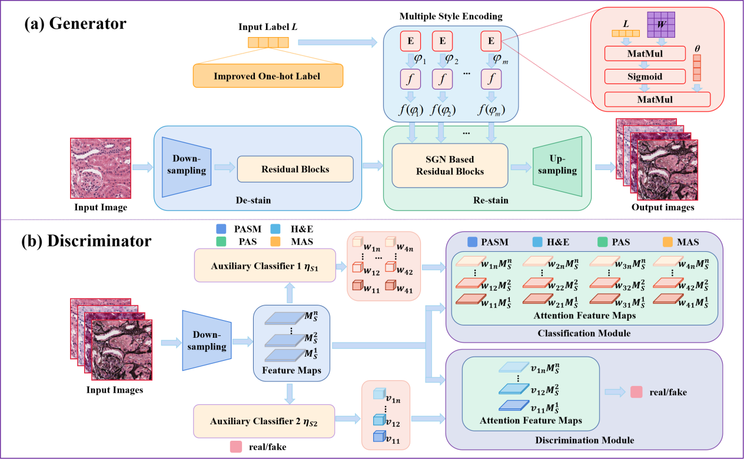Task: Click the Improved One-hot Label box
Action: click(x=268, y=76)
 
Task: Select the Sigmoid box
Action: click(x=645, y=76)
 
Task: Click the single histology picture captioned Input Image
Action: click(x=101, y=168)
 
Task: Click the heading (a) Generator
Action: click(x=75, y=24)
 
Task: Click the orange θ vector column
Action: click(x=697, y=68)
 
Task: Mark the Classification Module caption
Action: click(x=584, y=334)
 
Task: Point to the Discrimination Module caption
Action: click(x=584, y=440)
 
